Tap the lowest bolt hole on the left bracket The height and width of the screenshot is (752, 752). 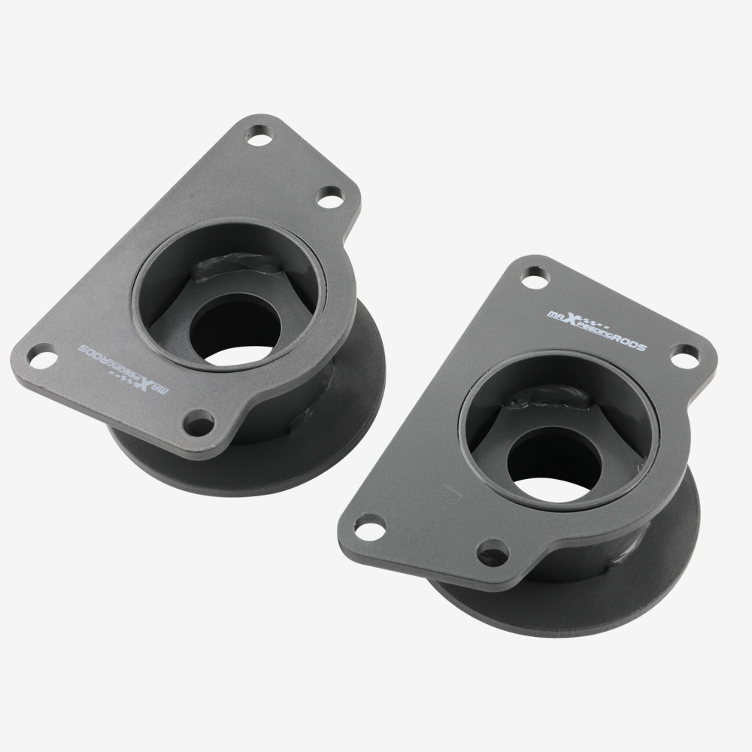199,423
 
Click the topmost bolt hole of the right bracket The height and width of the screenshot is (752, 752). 534,279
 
